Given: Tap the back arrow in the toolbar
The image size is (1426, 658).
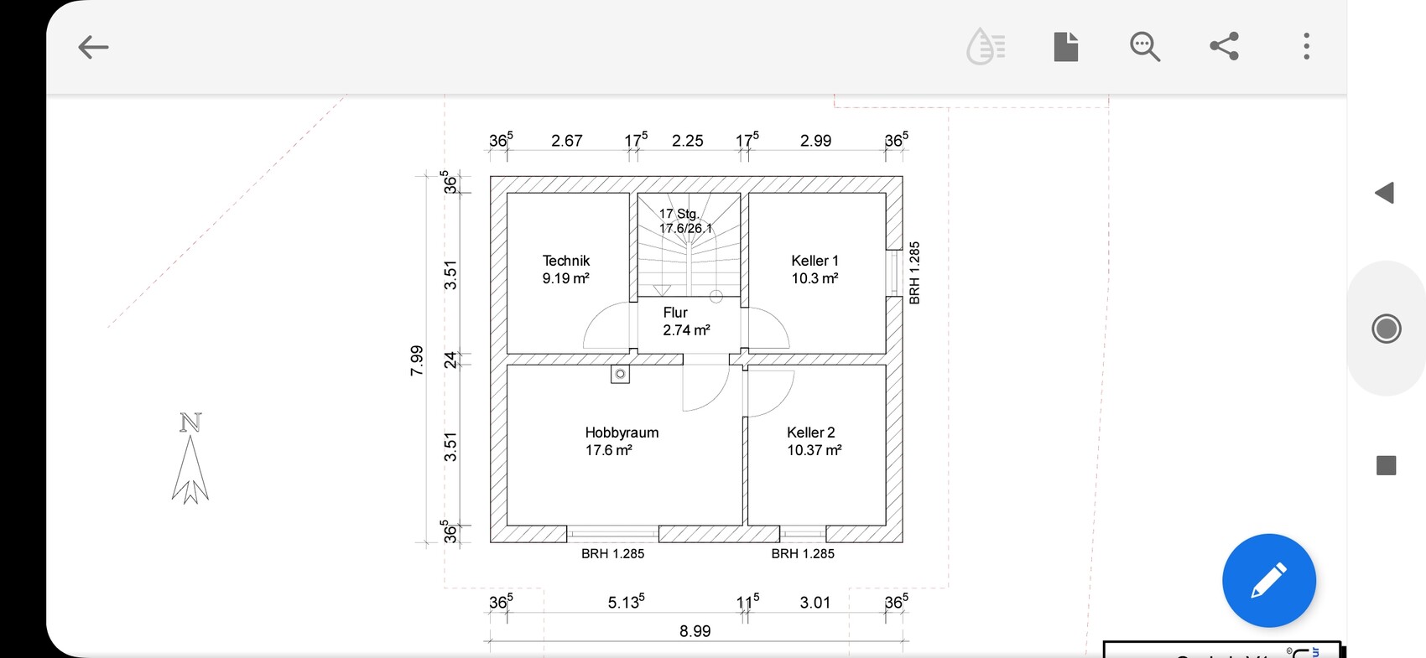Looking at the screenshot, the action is coord(93,47).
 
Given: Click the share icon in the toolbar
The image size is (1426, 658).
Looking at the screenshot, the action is coord(1224,46).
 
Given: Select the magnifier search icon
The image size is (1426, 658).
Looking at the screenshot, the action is coord(1145,47).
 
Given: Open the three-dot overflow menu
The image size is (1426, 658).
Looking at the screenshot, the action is coord(1306,46).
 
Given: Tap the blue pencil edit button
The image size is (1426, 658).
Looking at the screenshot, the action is coord(1269,580).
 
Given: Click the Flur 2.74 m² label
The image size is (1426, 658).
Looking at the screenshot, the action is coord(685,321).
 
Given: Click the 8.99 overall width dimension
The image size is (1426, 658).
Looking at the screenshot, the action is coord(695,631).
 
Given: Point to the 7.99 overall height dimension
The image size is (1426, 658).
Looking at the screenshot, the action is coord(416,360).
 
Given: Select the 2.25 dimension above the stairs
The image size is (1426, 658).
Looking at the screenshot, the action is coord(688,141).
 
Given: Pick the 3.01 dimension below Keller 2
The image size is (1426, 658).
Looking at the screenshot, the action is coord(814,602).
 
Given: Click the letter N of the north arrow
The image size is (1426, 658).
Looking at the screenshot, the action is coord(190,422).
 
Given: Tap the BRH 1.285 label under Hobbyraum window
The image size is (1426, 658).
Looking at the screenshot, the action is coord(612,553).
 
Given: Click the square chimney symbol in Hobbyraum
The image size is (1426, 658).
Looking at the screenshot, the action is coord(620,374).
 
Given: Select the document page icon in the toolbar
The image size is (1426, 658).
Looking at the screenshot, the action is coord(1065,46).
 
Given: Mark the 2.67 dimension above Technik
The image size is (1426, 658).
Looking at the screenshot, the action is coord(566,141).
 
